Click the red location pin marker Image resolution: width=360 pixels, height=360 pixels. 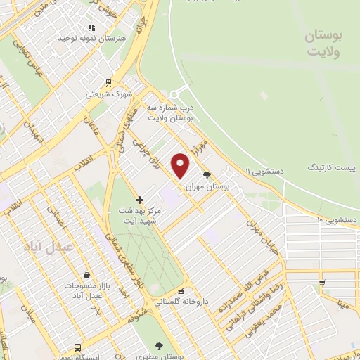(x=182, y=165)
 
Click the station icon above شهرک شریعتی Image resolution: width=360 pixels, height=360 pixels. (x=107, y=82)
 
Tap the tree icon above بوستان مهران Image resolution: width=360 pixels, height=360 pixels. (x=207, y=175)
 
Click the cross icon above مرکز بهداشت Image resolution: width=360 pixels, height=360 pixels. (x=139, y=199)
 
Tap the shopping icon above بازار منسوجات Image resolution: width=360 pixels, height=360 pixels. (x=85, y=274)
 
